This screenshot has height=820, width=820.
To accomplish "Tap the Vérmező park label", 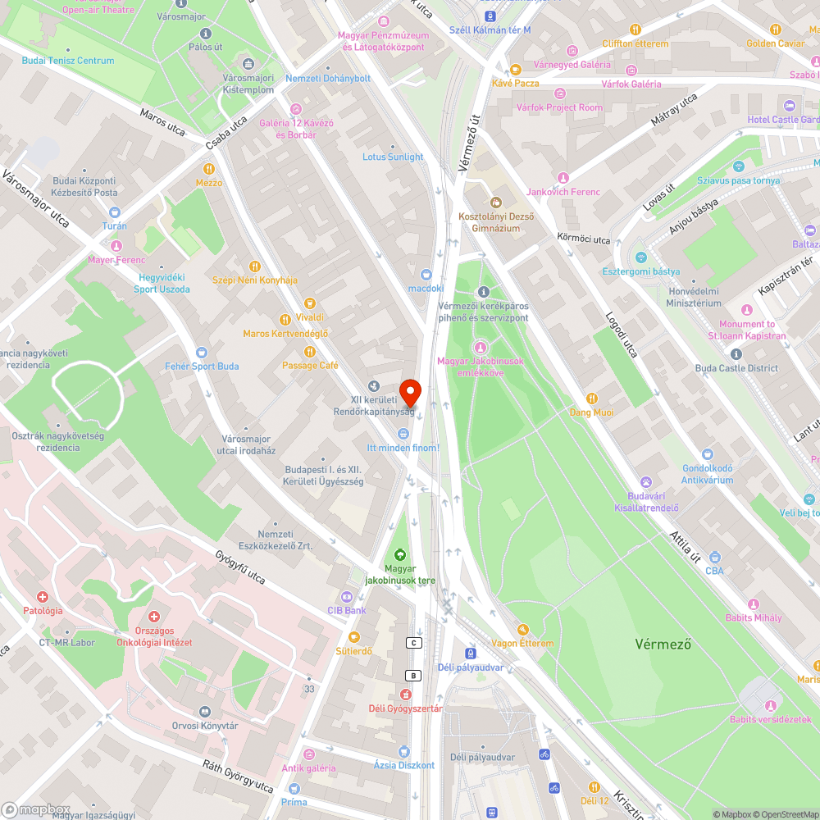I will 663,644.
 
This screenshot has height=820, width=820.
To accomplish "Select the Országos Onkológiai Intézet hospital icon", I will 153,616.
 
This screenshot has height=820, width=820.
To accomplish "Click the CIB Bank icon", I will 345,596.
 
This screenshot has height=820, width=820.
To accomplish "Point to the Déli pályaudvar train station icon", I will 470,653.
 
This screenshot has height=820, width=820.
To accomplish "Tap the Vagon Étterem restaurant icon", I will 522,629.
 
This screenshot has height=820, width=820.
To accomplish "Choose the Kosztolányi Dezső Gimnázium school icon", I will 495,202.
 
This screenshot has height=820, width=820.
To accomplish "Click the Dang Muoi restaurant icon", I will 592,399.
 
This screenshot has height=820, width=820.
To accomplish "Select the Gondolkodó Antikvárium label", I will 707,475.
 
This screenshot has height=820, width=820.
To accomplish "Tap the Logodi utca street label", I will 621,335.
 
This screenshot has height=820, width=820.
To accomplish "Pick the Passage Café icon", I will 310,351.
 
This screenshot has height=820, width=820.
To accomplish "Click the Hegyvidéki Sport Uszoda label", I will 162,284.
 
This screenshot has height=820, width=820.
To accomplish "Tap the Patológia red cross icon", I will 43,597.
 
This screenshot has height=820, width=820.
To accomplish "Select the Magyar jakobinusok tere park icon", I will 401,554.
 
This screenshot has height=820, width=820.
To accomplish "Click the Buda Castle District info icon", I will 736,354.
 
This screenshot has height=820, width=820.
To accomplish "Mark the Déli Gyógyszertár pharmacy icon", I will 404,695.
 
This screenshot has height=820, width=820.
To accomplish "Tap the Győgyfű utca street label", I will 240,566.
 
